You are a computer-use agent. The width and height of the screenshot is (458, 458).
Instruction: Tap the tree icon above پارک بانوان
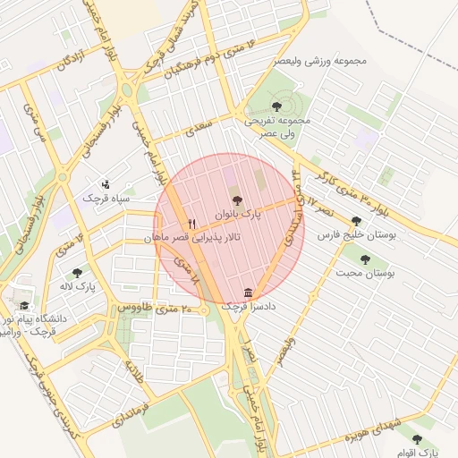tap(236, 200)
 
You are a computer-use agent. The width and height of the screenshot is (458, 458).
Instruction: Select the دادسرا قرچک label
tap(247, 307)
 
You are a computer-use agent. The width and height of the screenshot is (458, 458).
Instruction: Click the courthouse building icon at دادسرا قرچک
tap(248, 293)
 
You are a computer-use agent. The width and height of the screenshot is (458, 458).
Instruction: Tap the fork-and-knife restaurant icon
tap(191, 224)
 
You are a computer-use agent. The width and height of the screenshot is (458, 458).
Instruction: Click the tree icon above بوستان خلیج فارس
tap(357, 221)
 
